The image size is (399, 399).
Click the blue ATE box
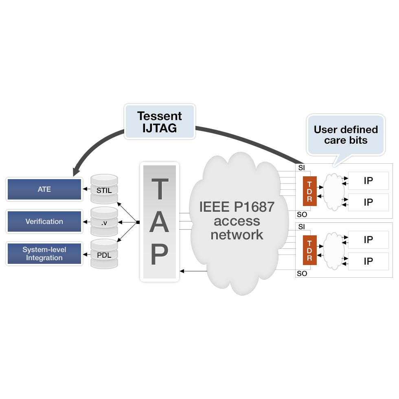(44, 189)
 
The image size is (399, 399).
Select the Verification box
(44, 221)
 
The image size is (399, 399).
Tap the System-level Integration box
(44, 254)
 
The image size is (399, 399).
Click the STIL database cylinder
(104, 189)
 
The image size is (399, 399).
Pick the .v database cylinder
(104, 222)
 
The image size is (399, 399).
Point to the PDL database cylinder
(104, 254)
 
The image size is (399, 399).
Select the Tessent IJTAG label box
(160, 121)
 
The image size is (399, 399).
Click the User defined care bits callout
(346, 135)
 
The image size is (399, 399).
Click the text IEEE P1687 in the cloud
(237, 207)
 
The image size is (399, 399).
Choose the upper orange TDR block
(309, 191)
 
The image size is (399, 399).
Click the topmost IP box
(368, 180)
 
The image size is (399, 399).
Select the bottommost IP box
(368, 261)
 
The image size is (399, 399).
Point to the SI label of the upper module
(302, 167)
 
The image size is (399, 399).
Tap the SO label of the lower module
(302, 274)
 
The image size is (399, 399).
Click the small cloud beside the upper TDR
(333, 191)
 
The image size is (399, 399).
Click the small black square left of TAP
(138, 222)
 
